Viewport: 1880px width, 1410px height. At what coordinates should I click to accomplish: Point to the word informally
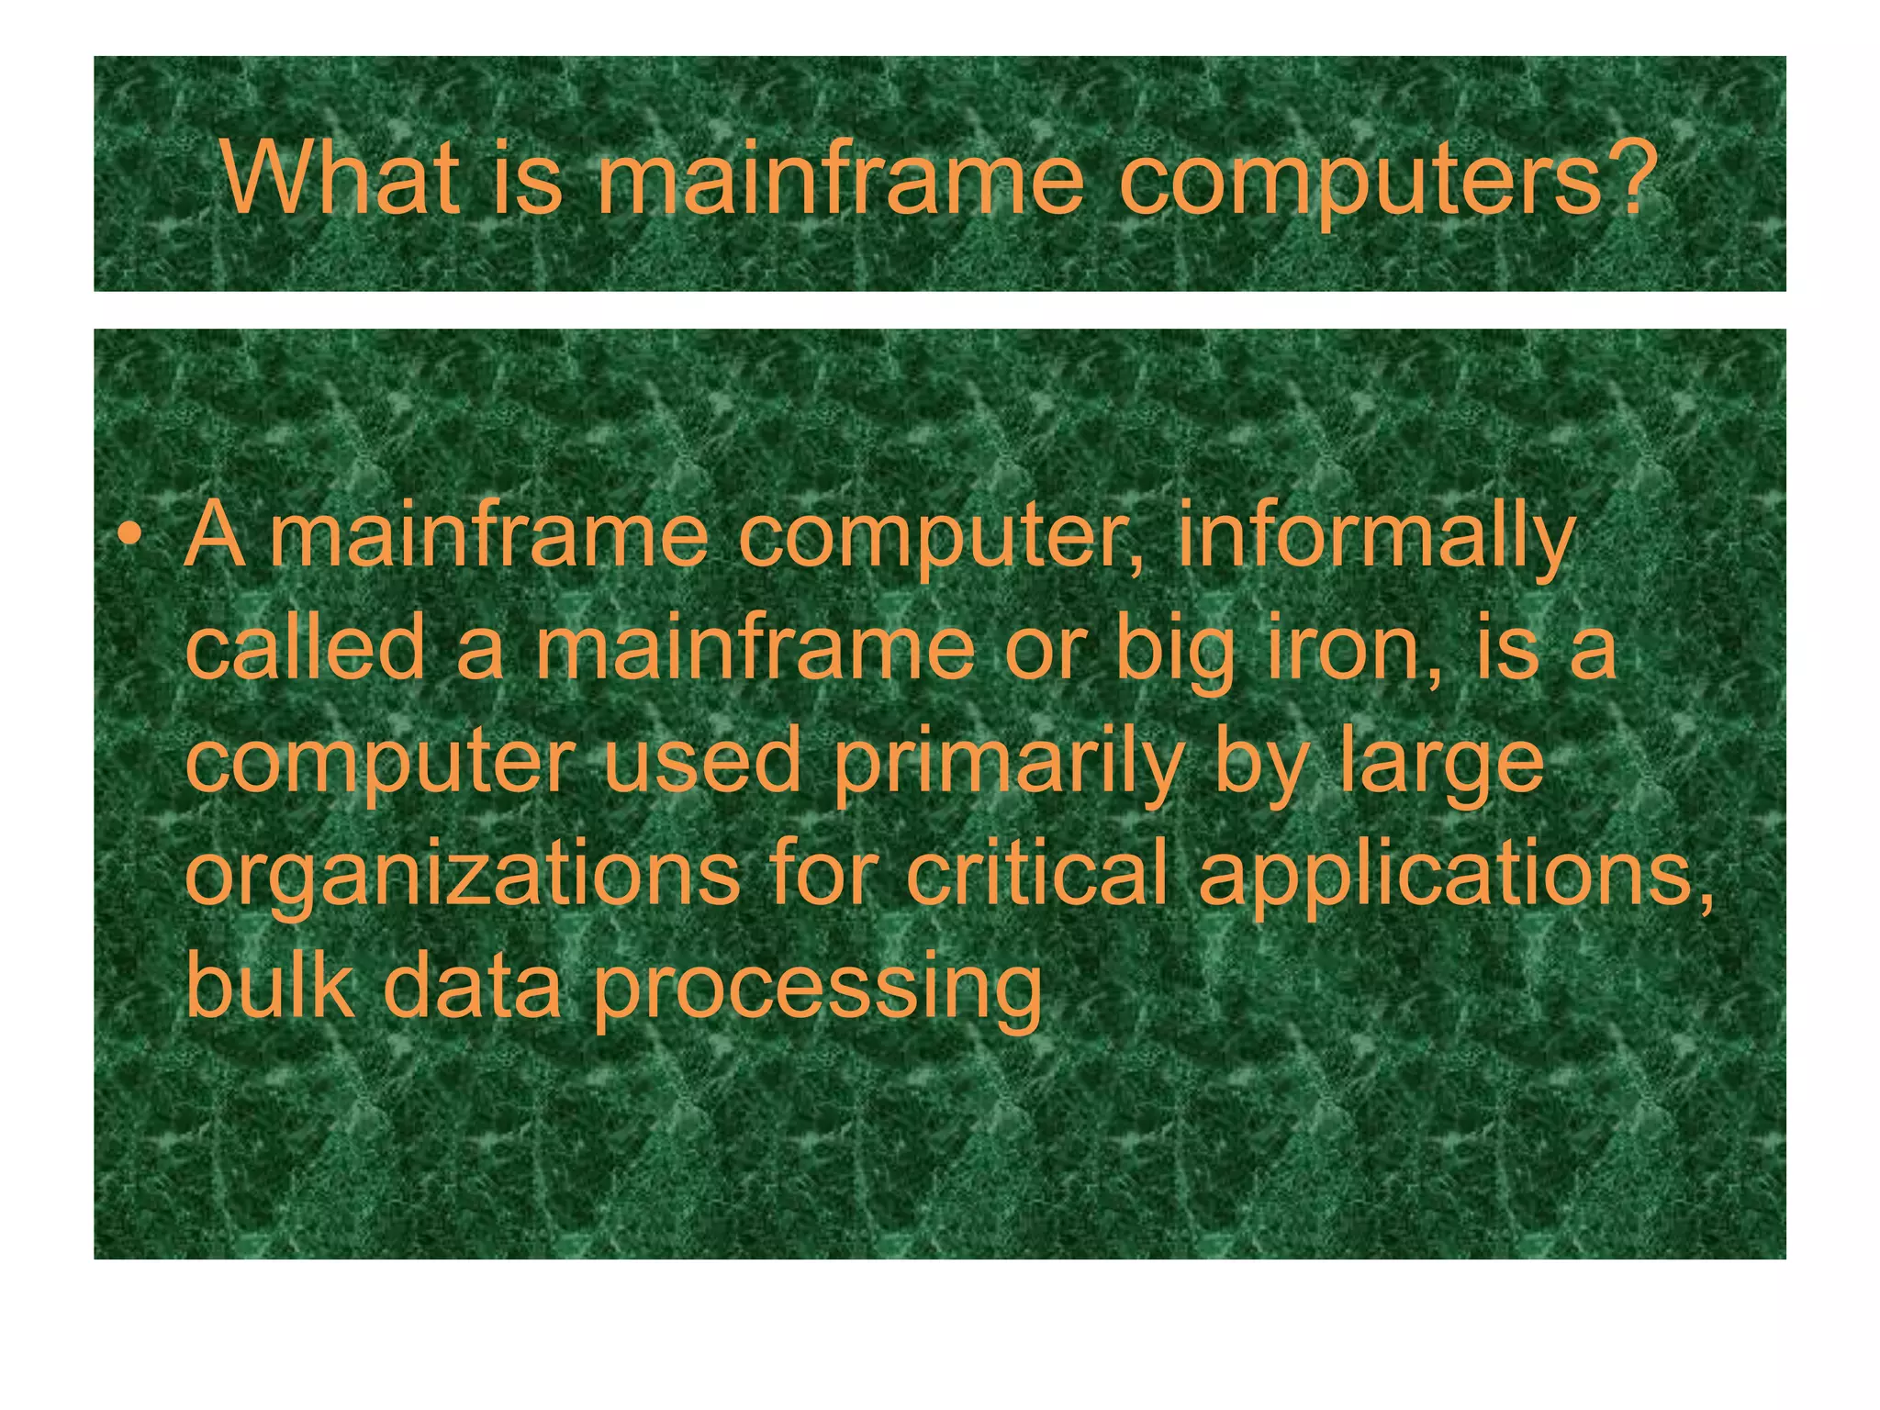(1375, 537)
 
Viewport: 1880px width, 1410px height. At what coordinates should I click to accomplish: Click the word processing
(816, 991)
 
